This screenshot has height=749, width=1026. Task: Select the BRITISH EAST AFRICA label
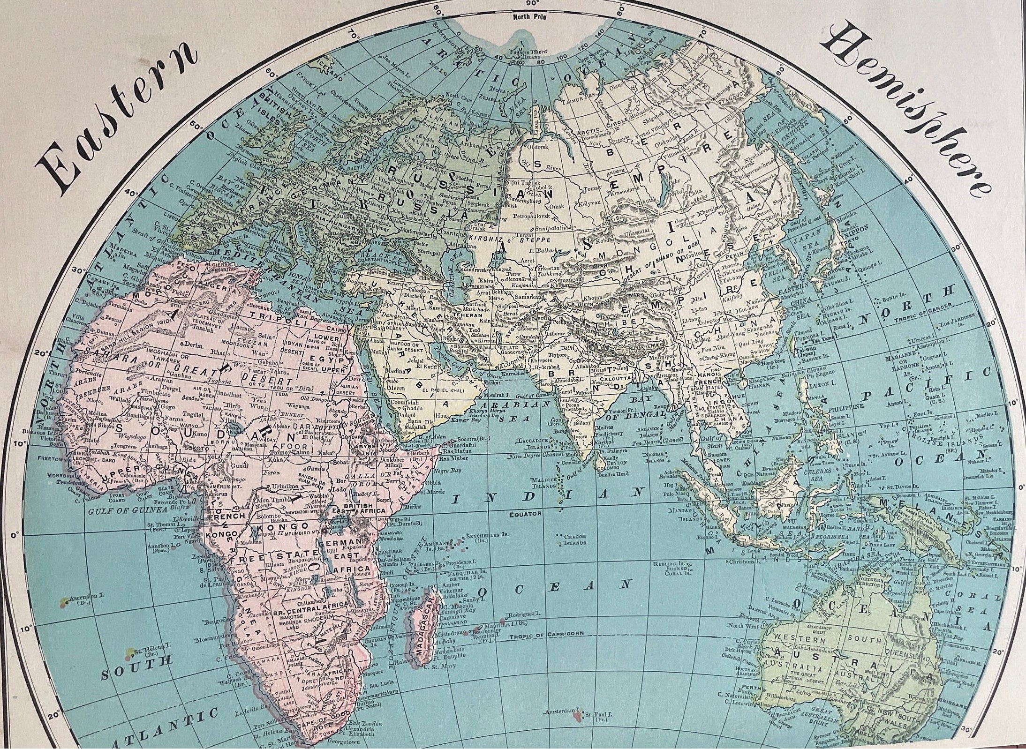coord(359,509)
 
